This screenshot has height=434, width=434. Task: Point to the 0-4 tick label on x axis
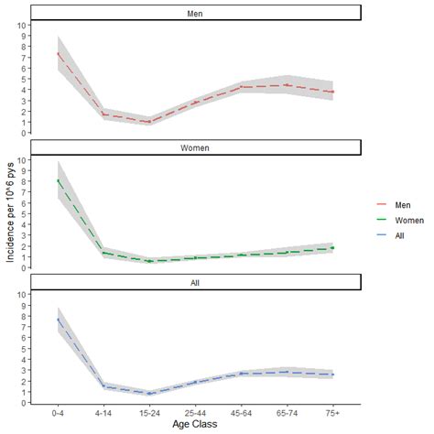coord(58,413)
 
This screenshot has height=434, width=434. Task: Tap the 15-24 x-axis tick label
coord(149,413)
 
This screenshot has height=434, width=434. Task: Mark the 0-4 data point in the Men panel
coord(58,53)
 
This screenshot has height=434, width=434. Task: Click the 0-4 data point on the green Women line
coord(58,180)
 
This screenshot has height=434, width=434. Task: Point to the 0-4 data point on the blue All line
coord(58,319)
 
